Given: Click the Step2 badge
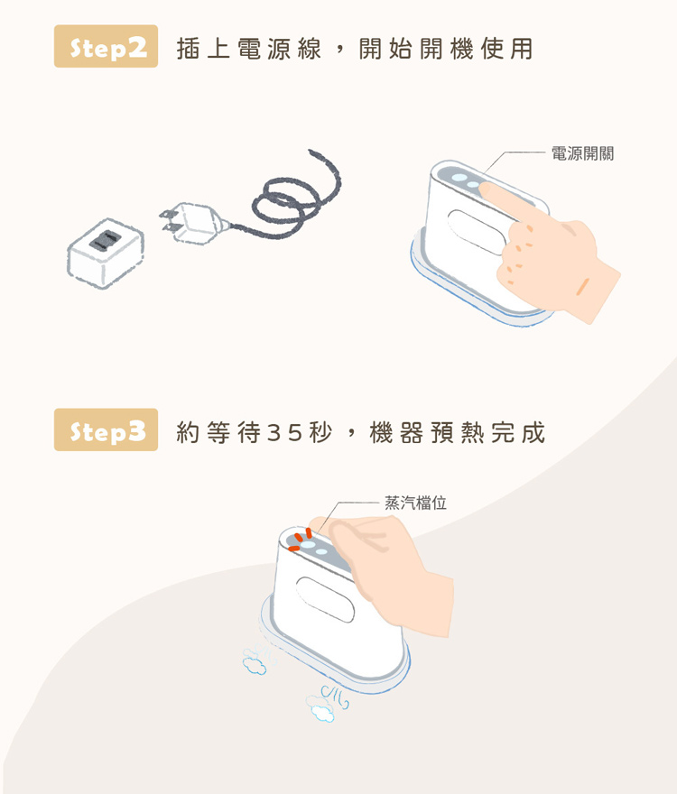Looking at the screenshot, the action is pos(106,46).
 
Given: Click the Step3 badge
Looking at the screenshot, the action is pos(106,429).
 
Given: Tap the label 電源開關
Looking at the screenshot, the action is pos(582,153).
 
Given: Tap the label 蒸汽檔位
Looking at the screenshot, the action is pos(415,503).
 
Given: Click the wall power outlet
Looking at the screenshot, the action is pos(106,253).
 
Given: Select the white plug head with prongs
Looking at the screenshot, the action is pos(192,224).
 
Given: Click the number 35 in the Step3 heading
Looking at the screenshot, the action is pos(284,433).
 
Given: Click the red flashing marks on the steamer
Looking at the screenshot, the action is pos(301,539).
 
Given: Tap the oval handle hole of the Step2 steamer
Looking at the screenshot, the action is pos(476,231).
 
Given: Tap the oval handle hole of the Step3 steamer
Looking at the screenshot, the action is pos(325,599).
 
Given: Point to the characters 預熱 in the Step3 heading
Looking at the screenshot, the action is pos(457,433).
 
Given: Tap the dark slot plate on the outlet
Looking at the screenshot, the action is pos(106,241).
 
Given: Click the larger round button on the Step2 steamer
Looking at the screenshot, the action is pos(459,179).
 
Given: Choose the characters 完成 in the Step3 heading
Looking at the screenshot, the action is pos(517,433).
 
